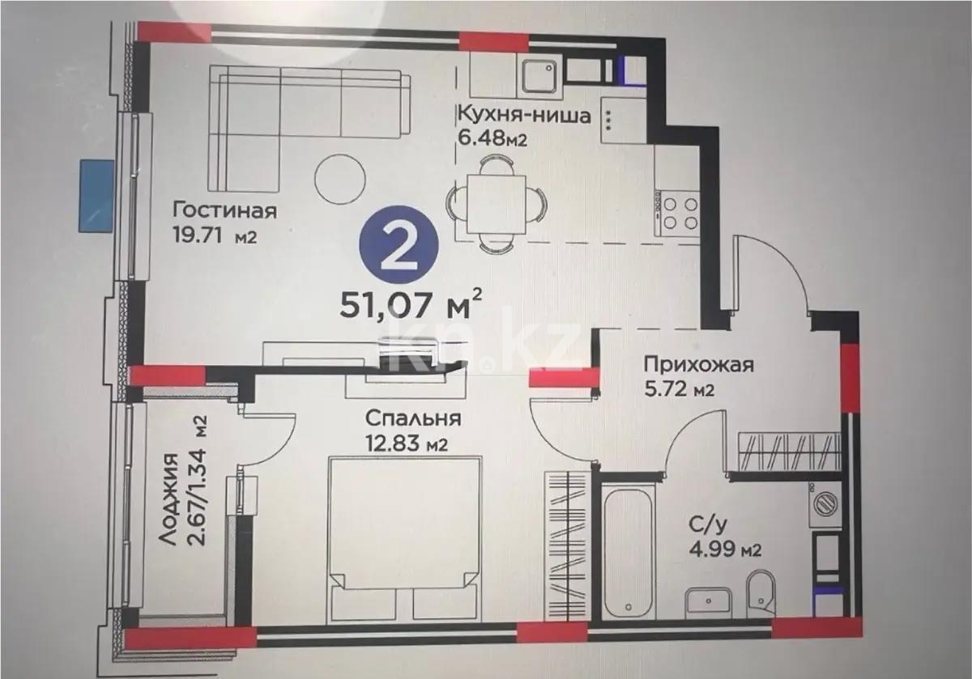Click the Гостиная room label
point(224,211)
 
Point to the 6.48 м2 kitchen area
point(492,138)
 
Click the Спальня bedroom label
point(412,419)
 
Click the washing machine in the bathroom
point(826,504)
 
